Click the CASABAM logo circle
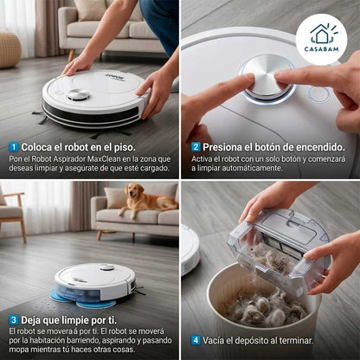[320, 38]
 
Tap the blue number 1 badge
[14, 147]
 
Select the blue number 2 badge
[196, 147]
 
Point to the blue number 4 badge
[196, 340]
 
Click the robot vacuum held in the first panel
[95, 100]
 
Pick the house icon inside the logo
[320, 33]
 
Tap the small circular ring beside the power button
[318, 94]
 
